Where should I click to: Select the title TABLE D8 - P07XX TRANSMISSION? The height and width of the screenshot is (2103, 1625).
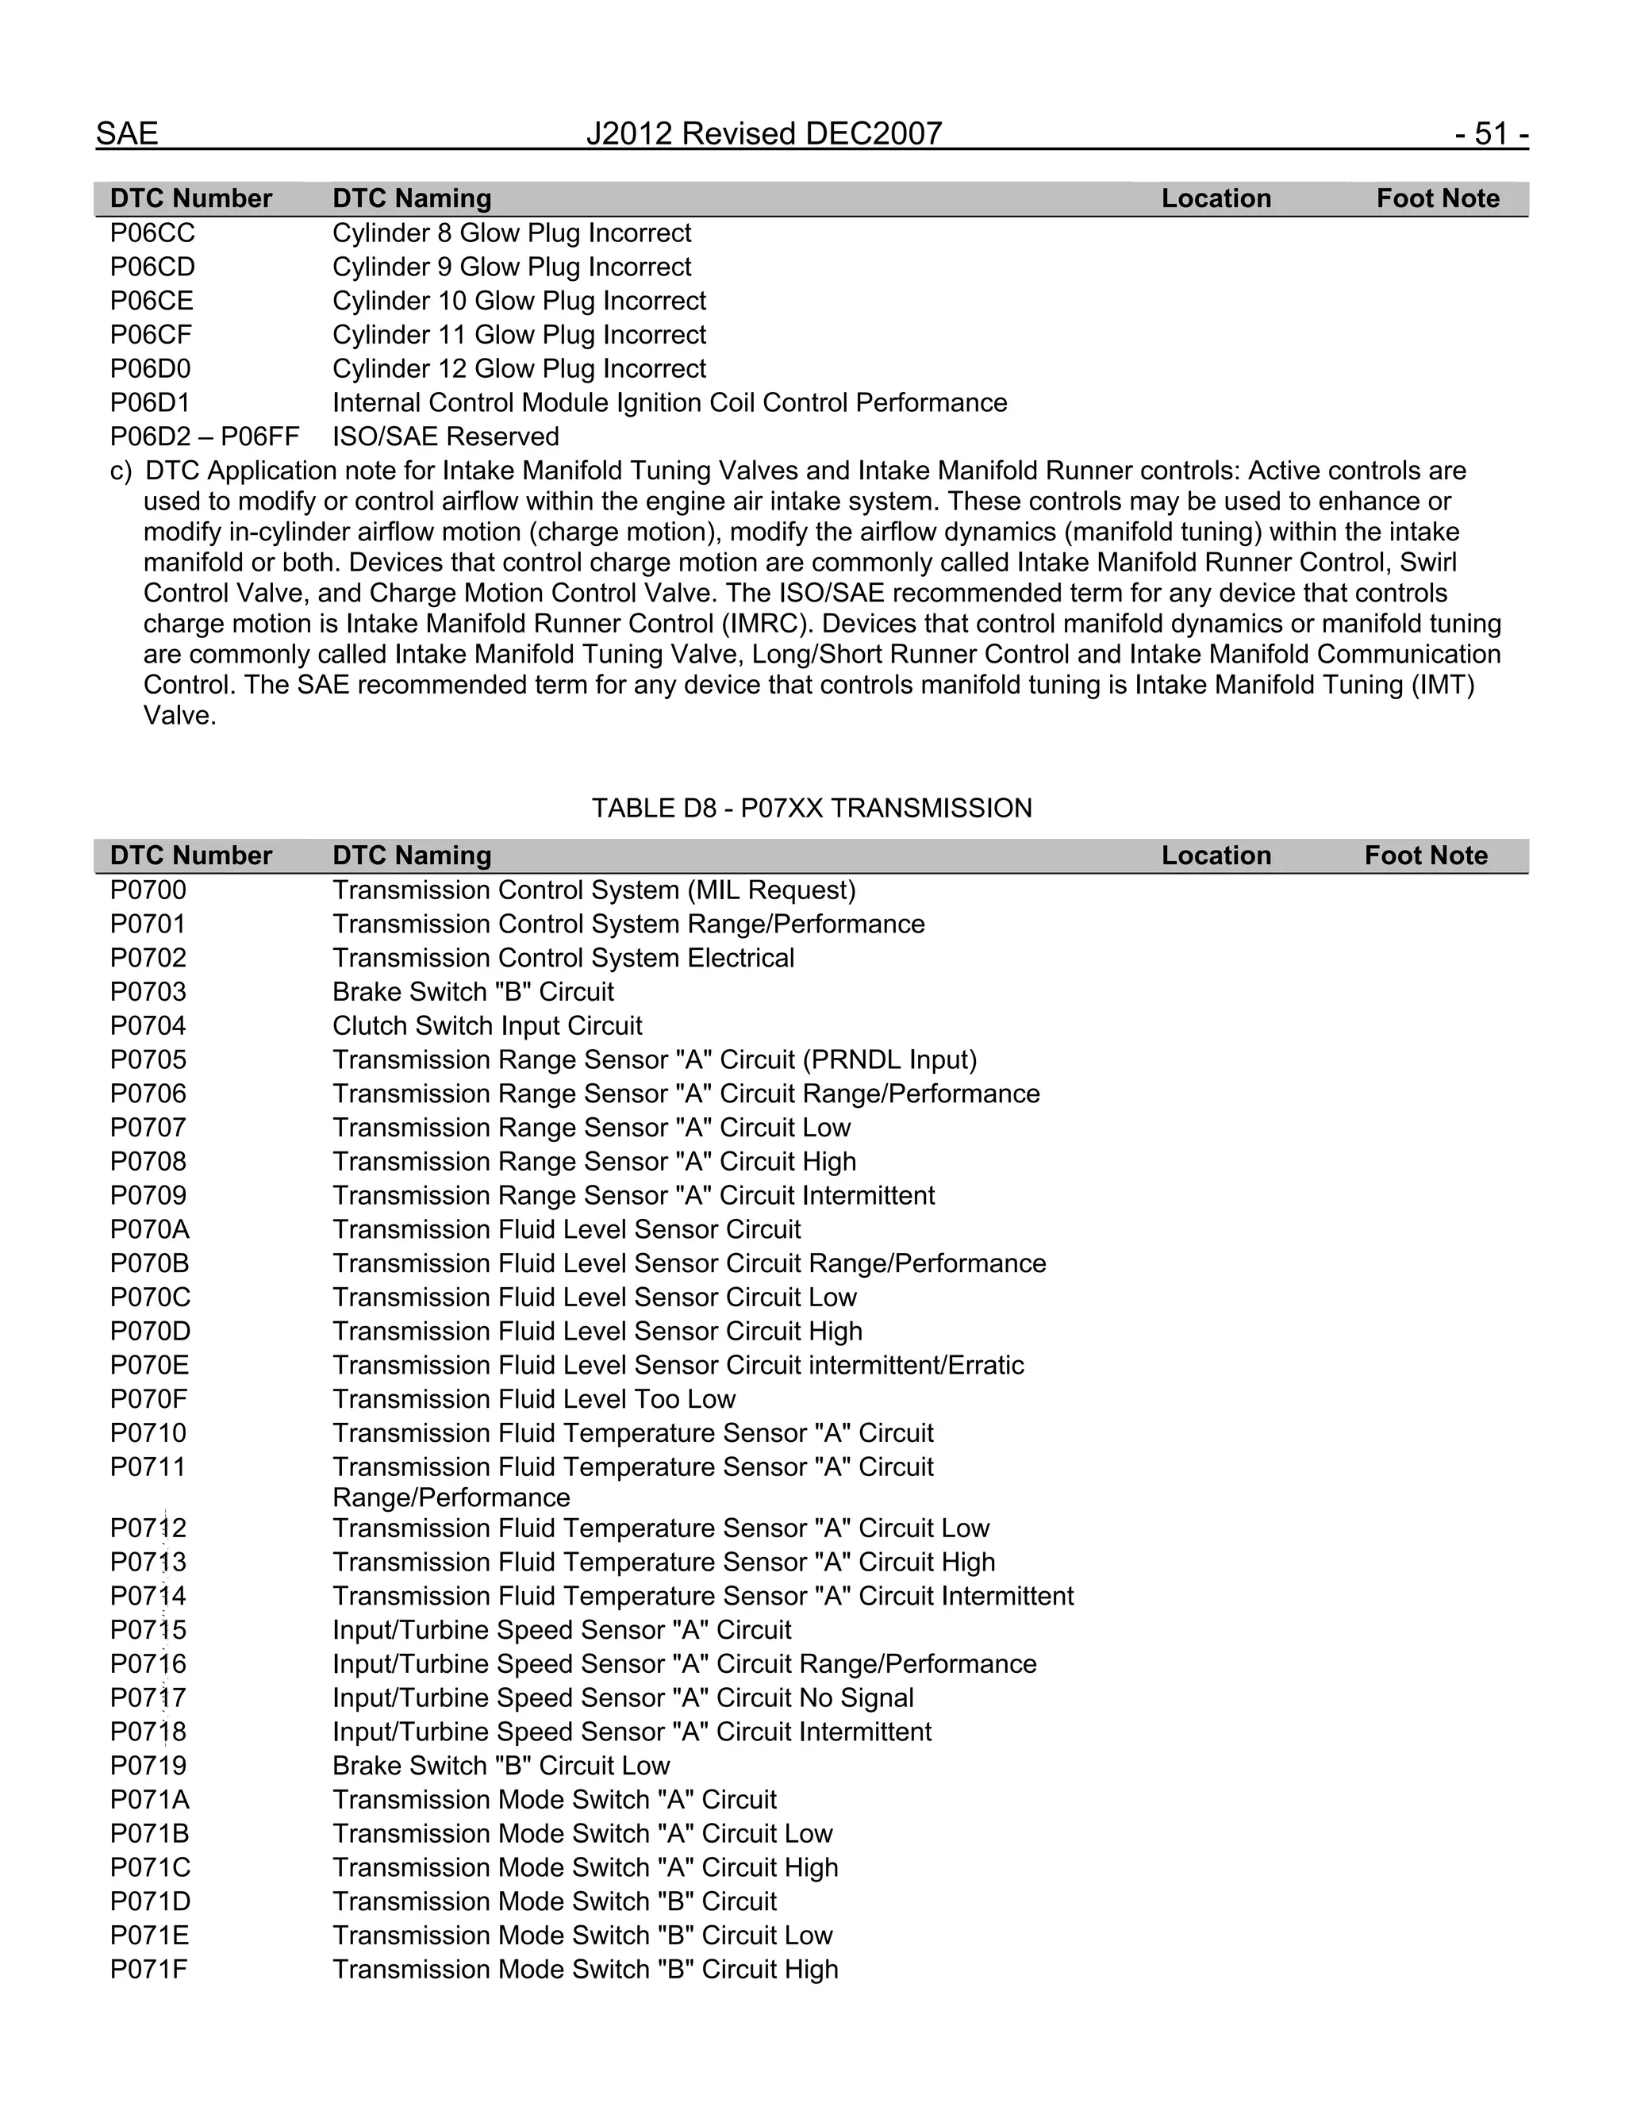(812, 808)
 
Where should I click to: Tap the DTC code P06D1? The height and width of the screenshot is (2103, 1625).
(150, 402)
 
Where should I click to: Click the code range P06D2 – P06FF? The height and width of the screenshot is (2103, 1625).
(204, 436)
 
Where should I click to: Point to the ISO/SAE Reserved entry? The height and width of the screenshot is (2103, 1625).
(446, 436)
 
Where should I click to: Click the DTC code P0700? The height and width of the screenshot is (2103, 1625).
(148, 890)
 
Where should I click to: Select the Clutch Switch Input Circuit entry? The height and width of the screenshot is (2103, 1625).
(487, 1025)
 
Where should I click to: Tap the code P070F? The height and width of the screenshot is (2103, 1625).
(148, 1399)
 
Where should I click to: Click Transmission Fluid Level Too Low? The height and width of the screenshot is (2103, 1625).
(534, 1399)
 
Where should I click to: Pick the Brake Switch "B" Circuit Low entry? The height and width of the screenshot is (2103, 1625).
(501, 1766)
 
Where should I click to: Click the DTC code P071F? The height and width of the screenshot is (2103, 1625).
(148, 1969)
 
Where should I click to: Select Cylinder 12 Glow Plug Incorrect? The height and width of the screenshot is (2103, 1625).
(519, 369)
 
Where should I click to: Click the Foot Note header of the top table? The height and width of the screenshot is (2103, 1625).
(1437, 198)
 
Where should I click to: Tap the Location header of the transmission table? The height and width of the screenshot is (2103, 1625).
(1216, 855)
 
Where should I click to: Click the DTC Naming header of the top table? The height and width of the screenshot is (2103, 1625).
(412, 198)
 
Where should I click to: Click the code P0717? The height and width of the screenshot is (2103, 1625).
(148, 1697)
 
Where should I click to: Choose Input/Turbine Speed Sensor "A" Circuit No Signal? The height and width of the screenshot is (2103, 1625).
(623, 1697)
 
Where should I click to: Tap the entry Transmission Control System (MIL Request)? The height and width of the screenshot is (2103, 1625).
(594, 890)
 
